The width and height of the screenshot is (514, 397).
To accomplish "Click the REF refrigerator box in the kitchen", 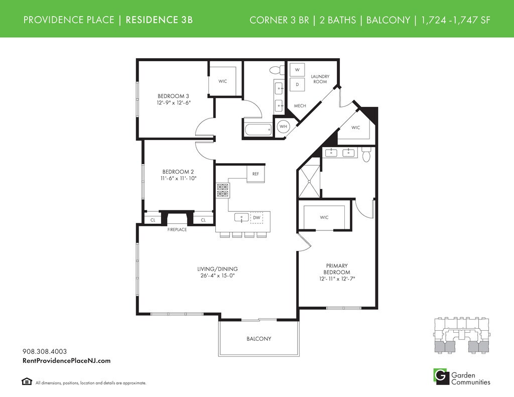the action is (x=255, y=174).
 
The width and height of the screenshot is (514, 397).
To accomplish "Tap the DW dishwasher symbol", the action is (x=256, y=218).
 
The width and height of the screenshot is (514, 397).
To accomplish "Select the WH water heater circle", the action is (x=283, y=126).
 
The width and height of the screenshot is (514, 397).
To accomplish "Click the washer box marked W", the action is (x=297, y=70).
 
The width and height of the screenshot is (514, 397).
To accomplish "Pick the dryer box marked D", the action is (x=297, y=85).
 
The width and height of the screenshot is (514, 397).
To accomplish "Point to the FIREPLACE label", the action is (x=177, y=230).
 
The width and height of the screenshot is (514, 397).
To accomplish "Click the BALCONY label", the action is (x=259, y=339).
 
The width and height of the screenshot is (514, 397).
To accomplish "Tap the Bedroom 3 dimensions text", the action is (x=174, y=102).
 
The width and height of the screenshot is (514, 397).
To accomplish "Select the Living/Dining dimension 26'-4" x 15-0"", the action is (x=218, y=276).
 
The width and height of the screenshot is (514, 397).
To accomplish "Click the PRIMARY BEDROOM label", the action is (x=337, y=269).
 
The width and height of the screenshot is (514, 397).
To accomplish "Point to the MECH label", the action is (x=300, y=106).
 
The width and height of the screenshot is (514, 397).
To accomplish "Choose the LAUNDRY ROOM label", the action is (x=320, y=79).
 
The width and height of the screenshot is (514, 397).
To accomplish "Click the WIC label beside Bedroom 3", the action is (x=222, y=81).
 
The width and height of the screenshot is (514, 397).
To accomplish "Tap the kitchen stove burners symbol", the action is (x=223, y=190).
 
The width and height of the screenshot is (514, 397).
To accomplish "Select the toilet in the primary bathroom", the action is (x=366, y=155).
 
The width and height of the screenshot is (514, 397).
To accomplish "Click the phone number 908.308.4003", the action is (x=45, y=351).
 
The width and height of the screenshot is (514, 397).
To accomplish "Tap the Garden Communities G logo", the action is (x=441, y=376).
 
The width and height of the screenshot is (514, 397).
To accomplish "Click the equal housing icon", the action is (x=27, y=381).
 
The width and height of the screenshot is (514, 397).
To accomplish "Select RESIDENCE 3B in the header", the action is (x=159, y=20).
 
